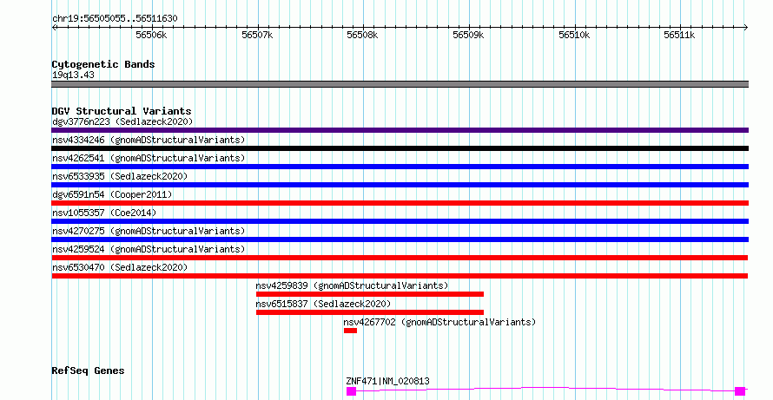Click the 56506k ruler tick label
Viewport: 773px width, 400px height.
[x=151, y=36]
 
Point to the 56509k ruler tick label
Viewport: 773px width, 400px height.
[x=468, y=36]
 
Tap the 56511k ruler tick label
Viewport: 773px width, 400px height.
[x=679, y=36]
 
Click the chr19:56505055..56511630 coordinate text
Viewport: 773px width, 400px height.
[x=115, y=19]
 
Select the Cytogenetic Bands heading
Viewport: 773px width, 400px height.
[x=103, y=64]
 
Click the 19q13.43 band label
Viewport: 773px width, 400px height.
[x=73, y=75]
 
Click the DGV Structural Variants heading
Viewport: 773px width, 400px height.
[x=122, y=111]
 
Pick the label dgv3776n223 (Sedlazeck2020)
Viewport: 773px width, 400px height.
[x=122, y=121]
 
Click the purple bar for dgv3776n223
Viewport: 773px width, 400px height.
[x=400, y=130]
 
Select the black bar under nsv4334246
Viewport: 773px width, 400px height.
[x=400, y=148]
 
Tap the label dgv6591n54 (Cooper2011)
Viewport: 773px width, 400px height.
[x=112, y=194]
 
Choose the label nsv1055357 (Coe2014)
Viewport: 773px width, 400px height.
[x=104, y=213]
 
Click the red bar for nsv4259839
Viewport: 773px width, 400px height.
[x=370, y=294]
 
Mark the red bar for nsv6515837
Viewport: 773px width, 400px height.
[x=370, y=312]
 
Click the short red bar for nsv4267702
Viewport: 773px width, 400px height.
[x=350, y=331]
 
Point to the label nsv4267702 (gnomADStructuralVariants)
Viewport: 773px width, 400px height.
[x=439, y=322]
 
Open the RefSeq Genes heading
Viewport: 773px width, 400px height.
[x=89, y=371]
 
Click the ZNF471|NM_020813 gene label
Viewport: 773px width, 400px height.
[x=387, y=381]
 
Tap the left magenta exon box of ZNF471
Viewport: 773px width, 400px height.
[x=351, y=391]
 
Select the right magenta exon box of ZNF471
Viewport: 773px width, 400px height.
[x=740, y=391]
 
